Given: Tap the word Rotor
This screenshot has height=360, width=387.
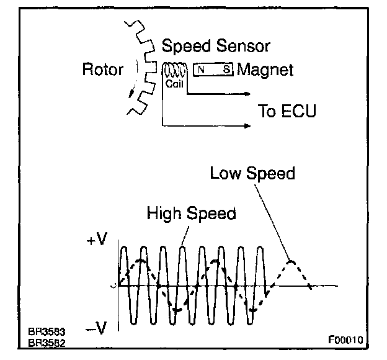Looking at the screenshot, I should tap(102, 70).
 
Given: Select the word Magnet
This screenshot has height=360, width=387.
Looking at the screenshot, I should tap(265, 70).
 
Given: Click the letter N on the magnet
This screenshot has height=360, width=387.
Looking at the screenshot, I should tap(203, 70).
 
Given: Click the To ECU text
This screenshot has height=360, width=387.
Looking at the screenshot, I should tap(287, 112).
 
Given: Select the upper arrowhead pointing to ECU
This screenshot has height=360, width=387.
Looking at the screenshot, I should tap(248, 94).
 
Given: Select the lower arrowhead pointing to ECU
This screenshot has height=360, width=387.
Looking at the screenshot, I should tap(248, 126).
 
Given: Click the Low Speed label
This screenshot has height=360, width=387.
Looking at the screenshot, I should tap(252, 173).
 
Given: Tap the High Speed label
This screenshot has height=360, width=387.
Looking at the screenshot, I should tap(191, 214).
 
